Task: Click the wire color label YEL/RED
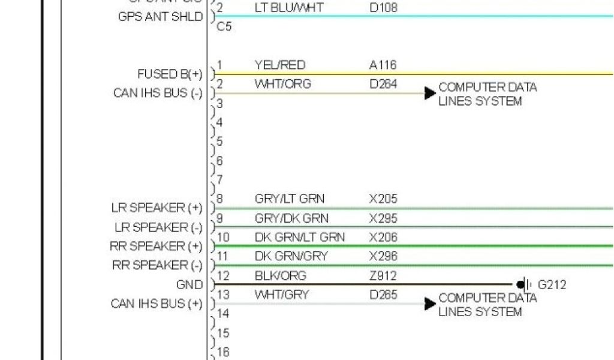coord(279,65)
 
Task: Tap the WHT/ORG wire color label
coord(282,84)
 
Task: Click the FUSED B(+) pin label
coord(170,74)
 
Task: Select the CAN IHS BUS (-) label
coord(158,94)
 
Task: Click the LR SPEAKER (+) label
coord(156,208)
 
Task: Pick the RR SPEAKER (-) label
coord(157,265)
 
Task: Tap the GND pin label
coord(189,284)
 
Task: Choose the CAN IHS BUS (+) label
coord(156,304)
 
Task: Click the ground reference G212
coord(552,284)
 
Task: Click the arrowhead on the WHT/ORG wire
coord(430,93)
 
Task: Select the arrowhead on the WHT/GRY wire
coord(430,304)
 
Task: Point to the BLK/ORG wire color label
coord(280,275)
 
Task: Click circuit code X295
coord(383,218)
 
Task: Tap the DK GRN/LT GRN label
coord(299,237)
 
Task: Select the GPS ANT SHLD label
coord(161,17)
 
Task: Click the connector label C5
coord(224,28)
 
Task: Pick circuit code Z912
coord(383,275)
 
